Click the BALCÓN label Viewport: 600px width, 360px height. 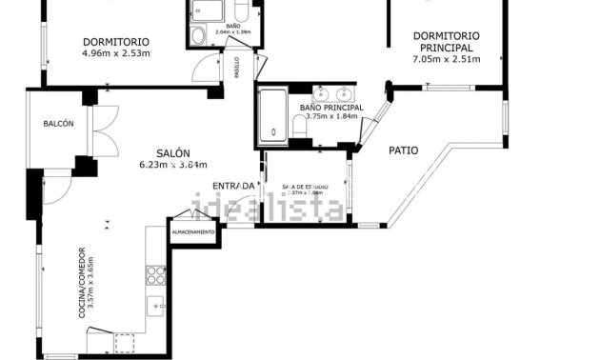pyautogui.click(x=58, y=124)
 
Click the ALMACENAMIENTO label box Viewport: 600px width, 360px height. pyautogui.click(x=193, y=232)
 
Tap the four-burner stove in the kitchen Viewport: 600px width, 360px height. pyautogui.click(x=155, y=274)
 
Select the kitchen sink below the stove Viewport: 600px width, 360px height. pyautogui.click(x=155, y=308)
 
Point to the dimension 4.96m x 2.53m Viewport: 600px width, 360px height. pyautogui.click(x=116, y=53)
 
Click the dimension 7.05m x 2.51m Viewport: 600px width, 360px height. pyautogui.click(x=446, y=59)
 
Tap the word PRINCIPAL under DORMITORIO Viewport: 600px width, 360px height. pyautogui.click(x=446, y=48)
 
